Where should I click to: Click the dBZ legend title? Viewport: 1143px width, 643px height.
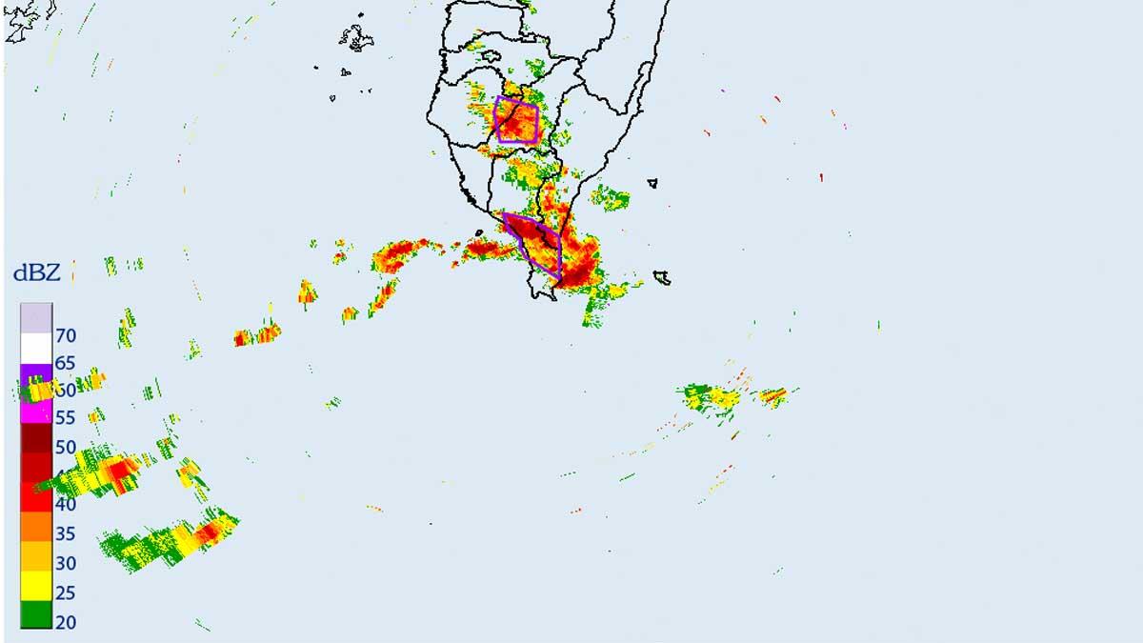coord(37,274)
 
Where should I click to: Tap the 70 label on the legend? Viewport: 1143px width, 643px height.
coord(66,335)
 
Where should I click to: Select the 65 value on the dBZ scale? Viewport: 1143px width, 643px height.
coord(66,363)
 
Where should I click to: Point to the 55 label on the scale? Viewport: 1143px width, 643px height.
coord(66,417)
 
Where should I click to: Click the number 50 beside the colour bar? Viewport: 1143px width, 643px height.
coord(66,447)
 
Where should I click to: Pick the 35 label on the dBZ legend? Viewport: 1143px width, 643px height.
coord(66,533)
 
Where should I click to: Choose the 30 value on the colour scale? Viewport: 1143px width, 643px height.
coord(66,563)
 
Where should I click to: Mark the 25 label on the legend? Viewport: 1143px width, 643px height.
coord(66,593)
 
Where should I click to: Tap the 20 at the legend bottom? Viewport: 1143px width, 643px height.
coord(66,622)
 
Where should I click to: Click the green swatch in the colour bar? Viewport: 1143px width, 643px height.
coord(36,615)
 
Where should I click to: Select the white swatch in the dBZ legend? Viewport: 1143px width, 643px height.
coord(36,348)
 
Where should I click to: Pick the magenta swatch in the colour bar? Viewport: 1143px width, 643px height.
coord(36,411)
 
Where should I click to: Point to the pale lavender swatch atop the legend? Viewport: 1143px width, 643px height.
coord(36,318)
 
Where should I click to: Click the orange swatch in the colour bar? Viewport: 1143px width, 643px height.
coord(36,527)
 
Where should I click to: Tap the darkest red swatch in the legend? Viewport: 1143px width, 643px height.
coord(36,438)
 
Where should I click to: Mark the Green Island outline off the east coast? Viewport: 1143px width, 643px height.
coord(652,183)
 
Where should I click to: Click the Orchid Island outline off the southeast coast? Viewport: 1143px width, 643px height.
coord(661,278)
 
